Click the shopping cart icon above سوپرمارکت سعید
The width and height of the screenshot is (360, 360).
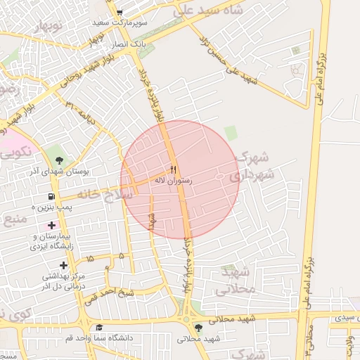(120, 12)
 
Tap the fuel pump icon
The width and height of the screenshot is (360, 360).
(51, 197)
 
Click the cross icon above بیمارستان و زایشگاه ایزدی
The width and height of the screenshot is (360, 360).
(51, 225)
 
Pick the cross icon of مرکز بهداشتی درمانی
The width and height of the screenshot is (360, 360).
(64, 265)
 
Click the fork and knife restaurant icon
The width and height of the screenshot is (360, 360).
(173, 169)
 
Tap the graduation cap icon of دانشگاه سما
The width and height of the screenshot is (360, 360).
(99, 328)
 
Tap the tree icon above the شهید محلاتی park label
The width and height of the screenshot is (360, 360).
(199, 328)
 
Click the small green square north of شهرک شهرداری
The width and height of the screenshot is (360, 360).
(231, 132)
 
